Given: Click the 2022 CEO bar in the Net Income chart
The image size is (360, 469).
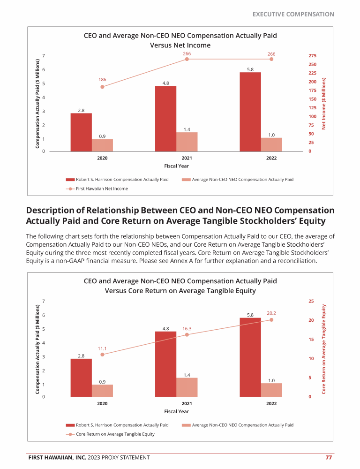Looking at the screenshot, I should click(250, 112).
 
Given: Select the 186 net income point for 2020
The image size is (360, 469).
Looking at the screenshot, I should click(102, 87).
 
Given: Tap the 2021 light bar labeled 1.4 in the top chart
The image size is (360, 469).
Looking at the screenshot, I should click(187, 142).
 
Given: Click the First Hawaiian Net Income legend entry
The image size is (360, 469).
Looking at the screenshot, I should click(97, 189).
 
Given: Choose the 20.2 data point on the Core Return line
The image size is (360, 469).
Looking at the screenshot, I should click(271, 320).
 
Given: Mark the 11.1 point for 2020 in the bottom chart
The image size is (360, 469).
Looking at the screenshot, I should click(102, 355).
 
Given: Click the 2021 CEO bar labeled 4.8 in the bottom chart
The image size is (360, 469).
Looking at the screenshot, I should click(165, 364).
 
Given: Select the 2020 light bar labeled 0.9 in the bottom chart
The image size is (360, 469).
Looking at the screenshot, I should click(102, 391).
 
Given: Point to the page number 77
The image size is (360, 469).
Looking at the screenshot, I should click(329, 458).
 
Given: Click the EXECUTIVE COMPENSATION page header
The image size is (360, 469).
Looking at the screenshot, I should click(293, 15).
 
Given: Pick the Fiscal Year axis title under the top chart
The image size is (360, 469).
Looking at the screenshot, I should click(176, 166).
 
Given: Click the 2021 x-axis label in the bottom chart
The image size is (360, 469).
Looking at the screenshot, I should click(187, 403).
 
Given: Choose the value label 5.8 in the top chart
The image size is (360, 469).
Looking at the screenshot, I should click(250, 69).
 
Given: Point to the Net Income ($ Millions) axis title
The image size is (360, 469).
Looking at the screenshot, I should click(323, 104).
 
